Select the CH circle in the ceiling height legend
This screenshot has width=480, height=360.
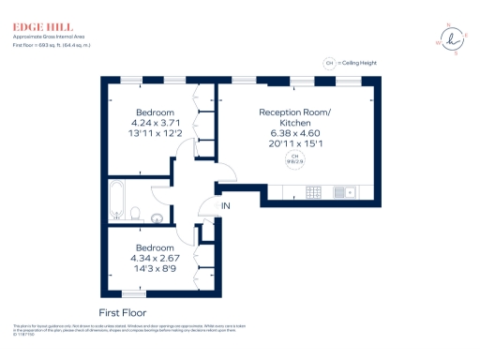coord(329,63)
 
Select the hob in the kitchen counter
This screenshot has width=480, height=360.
coord(314,194)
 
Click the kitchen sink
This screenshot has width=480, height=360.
coord(343,194)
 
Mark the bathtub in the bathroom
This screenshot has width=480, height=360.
coord(116,200)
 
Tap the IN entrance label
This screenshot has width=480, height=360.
coord(226,205)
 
